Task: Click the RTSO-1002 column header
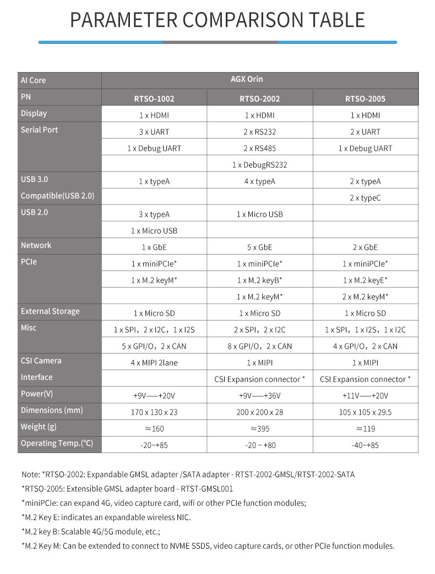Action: pos(154,99)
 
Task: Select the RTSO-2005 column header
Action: pos(365,99)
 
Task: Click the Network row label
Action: pos(36,245)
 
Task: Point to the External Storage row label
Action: pos(50,311)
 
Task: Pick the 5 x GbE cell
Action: pos(260,247)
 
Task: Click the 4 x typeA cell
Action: pos(260,181)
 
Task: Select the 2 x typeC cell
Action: pos(366,198)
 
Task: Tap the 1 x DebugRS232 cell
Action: pos(260,165)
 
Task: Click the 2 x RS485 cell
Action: pos(260,148)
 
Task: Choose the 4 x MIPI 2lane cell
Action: pos(154,363)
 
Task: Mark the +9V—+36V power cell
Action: pos(260,396)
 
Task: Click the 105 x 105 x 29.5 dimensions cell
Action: pos(366,412)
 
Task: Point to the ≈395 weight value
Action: pos(260,429)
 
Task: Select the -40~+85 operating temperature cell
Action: pos(366,445)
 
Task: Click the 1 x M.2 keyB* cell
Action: pos(260,280)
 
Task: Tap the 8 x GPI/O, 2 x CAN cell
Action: pos(260,346)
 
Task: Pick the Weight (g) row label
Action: pos(39,427)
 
